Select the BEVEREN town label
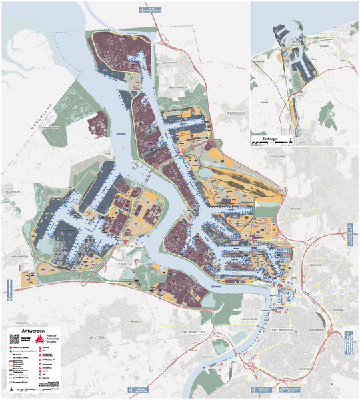point(98,337)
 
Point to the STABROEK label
point(236,114)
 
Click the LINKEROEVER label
point(249,319)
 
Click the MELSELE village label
point(136,321)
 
